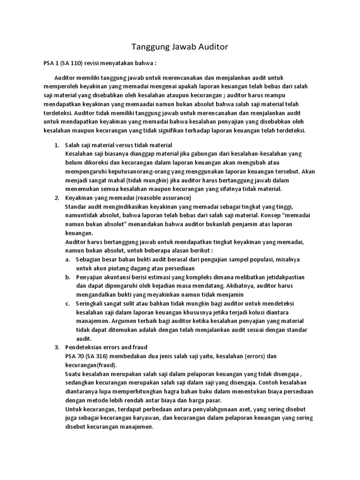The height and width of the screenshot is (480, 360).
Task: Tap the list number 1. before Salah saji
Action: coord(57,145)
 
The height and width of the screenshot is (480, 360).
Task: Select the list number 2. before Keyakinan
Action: coord(57,198)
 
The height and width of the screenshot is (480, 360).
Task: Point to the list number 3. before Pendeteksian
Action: coord(57,347)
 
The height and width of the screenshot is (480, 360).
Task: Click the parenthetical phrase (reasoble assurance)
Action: coord(154,198)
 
